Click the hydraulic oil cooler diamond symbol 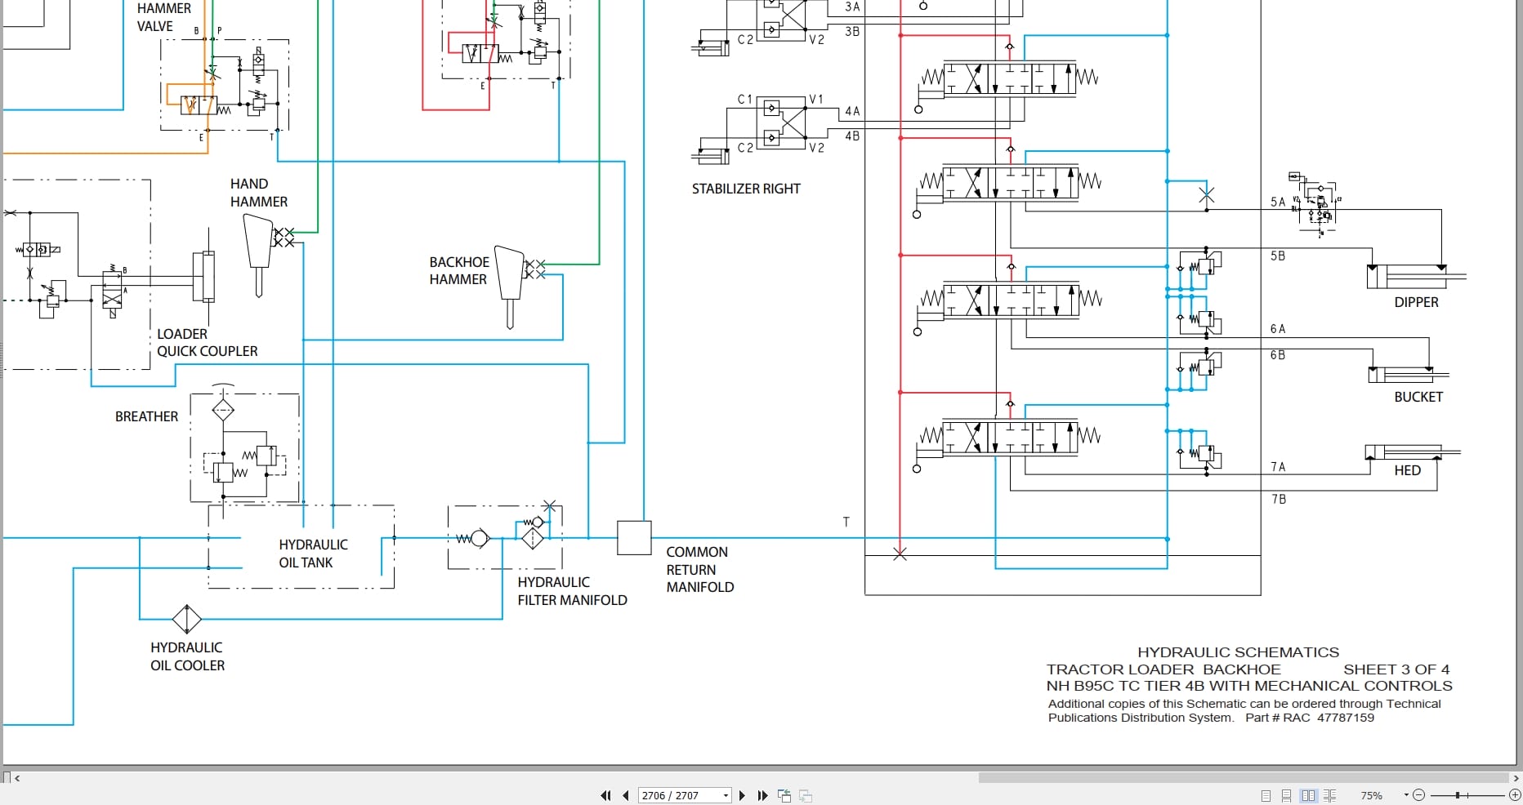(x=187, y=619)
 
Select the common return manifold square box (x=634, y=538)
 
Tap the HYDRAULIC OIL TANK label (x=313, y=554)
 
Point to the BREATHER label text (x=146, y=416)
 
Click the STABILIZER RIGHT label (x=745, y=189)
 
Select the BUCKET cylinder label (x=1418, y=397)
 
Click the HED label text (x=1407, y=470)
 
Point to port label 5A (x=1278, y=202)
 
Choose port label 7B (x=1279, y=499)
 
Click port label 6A (x=1278, y=329)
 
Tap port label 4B (x=852, y=136)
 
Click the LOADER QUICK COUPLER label (x=207, y=343)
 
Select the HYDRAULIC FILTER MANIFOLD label (x=572, y=591)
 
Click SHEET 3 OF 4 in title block (x=1396, y=669)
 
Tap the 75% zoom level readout (x=1371, y=795)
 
